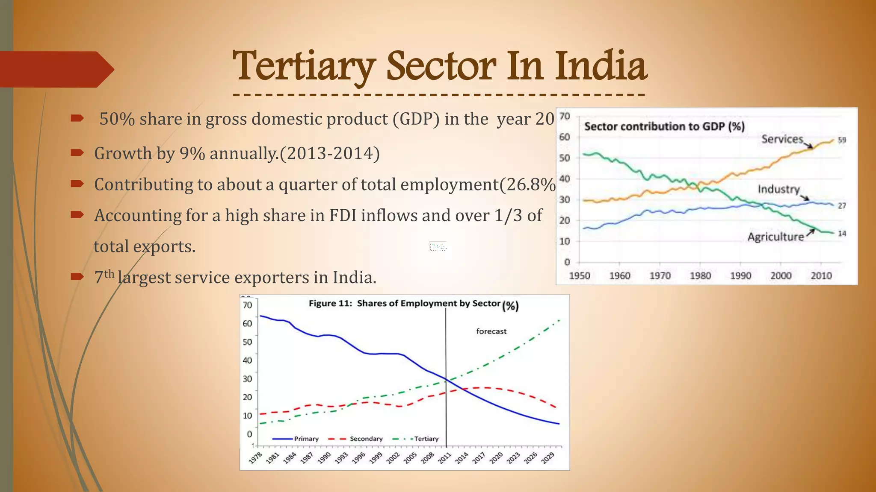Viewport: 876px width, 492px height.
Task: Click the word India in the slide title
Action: [601, 67]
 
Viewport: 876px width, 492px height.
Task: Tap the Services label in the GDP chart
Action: [782, 139]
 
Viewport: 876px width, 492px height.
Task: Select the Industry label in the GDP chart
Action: [778, 189]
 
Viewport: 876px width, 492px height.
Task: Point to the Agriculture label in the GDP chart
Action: [775, 237]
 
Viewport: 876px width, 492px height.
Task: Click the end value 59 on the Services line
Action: [841, 140]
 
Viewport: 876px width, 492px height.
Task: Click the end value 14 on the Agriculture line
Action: [841, 234]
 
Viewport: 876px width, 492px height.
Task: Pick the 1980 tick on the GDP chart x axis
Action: [700, 276]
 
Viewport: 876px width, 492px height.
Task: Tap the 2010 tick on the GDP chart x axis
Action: [821, 276]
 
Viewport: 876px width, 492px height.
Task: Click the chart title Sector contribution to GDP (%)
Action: [664, 126]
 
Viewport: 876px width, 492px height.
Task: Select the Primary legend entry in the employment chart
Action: [306, 439]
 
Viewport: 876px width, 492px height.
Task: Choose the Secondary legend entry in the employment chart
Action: [366, 439]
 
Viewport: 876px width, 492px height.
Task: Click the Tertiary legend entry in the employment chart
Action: [426, 439]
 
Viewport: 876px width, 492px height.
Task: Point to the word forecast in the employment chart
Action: [491, 331]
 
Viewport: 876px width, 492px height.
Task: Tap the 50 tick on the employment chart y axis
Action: [247, 342]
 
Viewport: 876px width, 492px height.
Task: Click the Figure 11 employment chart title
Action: [404, 304]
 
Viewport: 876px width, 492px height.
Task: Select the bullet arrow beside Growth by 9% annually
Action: [77, 152]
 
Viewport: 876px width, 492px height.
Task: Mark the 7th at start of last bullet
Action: [104, 277]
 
